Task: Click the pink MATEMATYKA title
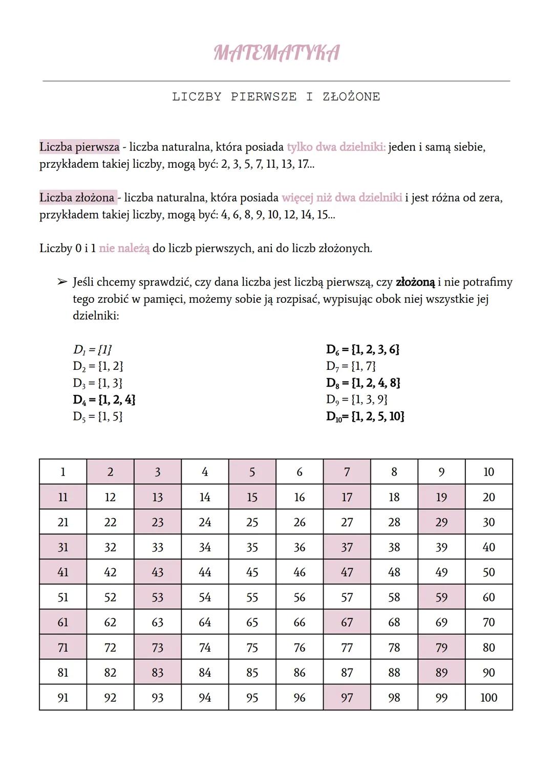(276, 53)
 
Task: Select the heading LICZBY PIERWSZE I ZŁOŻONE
(276, 97)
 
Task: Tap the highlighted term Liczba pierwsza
(79, 147)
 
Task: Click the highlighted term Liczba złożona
(77, 197)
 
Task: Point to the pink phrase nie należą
(124, 249)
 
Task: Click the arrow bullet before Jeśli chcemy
(62, 282)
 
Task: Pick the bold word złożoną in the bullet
(415, 282)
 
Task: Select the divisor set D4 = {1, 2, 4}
(104, 399)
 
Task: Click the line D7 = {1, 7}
(351, 366)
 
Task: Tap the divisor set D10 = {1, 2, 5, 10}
(365, 416)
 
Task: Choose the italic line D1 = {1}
(92, 350)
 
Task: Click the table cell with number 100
(488, 698)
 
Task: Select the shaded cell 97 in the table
(347, 698)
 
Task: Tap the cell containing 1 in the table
(63, 472)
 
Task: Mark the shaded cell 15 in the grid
(252, 497)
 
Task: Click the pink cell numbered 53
(157, 597)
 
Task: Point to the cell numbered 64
(205, 622)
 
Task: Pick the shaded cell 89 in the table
(441, 673)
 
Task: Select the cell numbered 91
(63, 698)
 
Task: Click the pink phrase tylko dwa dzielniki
(336, 147)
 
